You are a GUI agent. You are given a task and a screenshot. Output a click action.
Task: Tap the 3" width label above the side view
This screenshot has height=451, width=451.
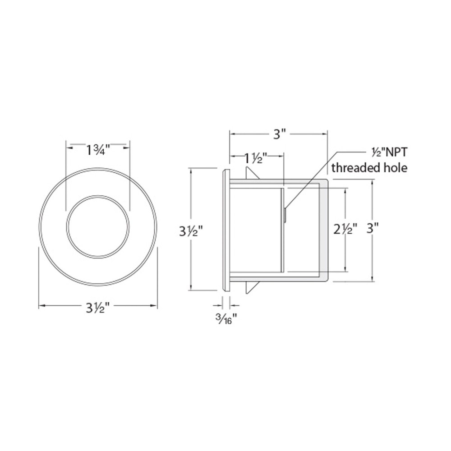tap(279, 134)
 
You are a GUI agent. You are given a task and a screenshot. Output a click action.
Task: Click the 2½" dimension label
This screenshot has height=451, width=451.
tap(345, 229)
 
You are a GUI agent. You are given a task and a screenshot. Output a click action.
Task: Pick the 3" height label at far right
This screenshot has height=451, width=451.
tap(372, 229)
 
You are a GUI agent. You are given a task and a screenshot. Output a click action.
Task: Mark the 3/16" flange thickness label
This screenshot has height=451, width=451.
tap(226, 318)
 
